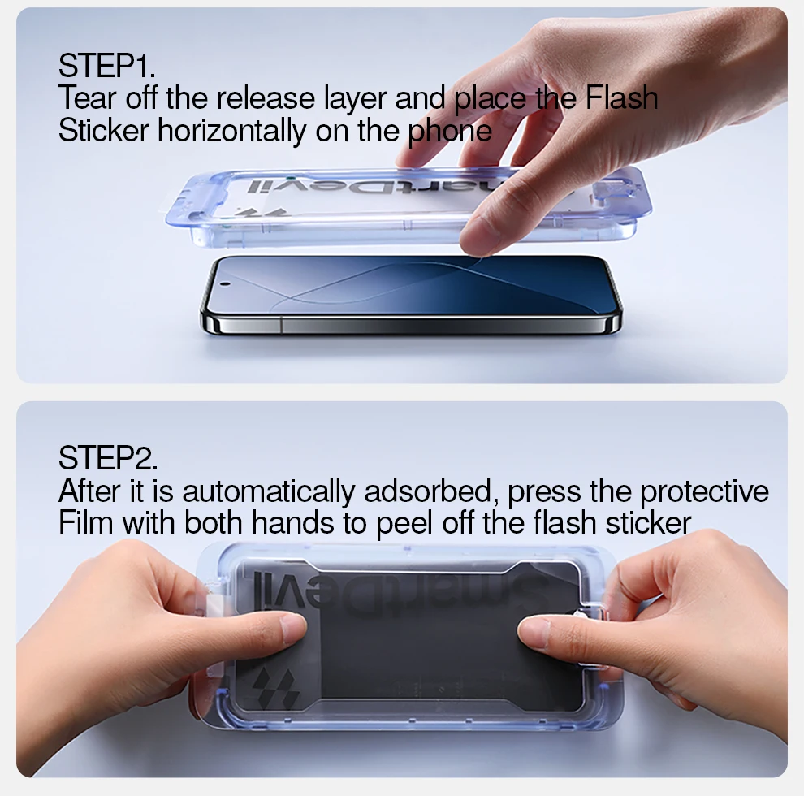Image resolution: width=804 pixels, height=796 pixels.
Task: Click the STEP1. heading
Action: pos(106,66)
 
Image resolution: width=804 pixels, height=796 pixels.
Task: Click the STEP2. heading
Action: pos(108,457)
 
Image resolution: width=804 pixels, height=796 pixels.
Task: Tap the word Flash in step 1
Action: pos(621,97)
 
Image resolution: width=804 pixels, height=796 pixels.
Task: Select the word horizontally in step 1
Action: pos(231,130)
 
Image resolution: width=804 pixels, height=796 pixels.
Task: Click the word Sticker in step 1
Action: pos(104,130)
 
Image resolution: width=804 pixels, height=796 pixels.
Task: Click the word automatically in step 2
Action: pos(269,491)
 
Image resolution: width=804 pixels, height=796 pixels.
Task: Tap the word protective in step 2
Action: pos(705,491)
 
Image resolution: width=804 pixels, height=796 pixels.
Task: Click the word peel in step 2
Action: pos(404,523)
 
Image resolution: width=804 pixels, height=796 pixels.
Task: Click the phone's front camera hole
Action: pos(225,283)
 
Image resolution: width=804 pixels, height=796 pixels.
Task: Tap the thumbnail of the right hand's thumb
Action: pos(532,629)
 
